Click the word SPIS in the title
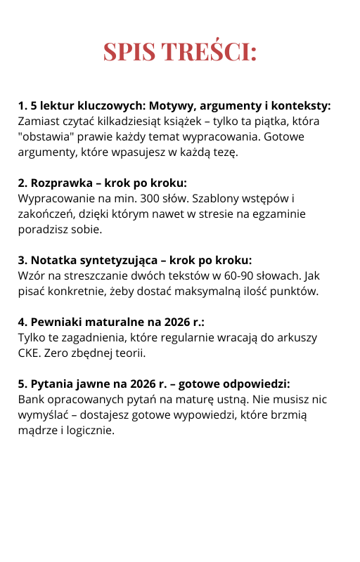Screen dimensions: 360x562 click(130, 52)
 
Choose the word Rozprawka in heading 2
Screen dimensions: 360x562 click(58, 182)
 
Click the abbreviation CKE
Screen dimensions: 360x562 click(29, 353)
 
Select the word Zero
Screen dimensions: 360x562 click(61, 353)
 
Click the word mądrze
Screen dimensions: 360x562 click(39, 430)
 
